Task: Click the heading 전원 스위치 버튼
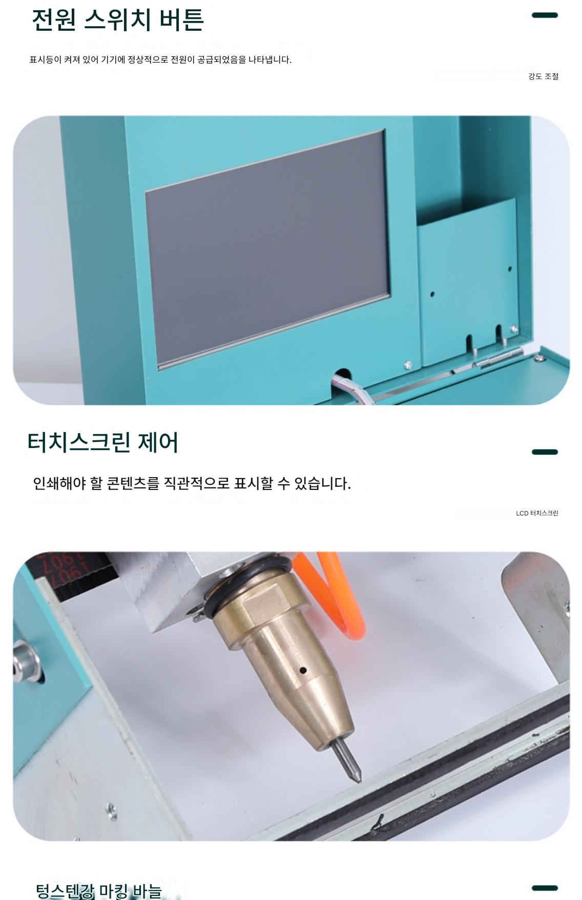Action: click(x=118, y=19)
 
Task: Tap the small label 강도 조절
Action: click(x=543, y=76)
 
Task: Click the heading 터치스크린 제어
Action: click(x=102, y=442)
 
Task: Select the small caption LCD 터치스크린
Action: click(x=537, y=513)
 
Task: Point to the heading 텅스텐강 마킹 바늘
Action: click(x=99, y=891)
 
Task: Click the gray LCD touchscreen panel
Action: click(x=268, y=249)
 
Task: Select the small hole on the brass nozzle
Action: click(x=303, y=670)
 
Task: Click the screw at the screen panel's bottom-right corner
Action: click(x=408, y=365)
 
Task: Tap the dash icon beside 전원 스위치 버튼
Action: click(x=545, y=15)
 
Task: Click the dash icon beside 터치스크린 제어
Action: click(x=545, y=452)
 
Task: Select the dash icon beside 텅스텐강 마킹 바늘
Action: click(x=545, y=888)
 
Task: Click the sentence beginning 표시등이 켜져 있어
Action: click(x=160, y=59)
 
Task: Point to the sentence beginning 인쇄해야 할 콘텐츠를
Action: click(x=192, y=483)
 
